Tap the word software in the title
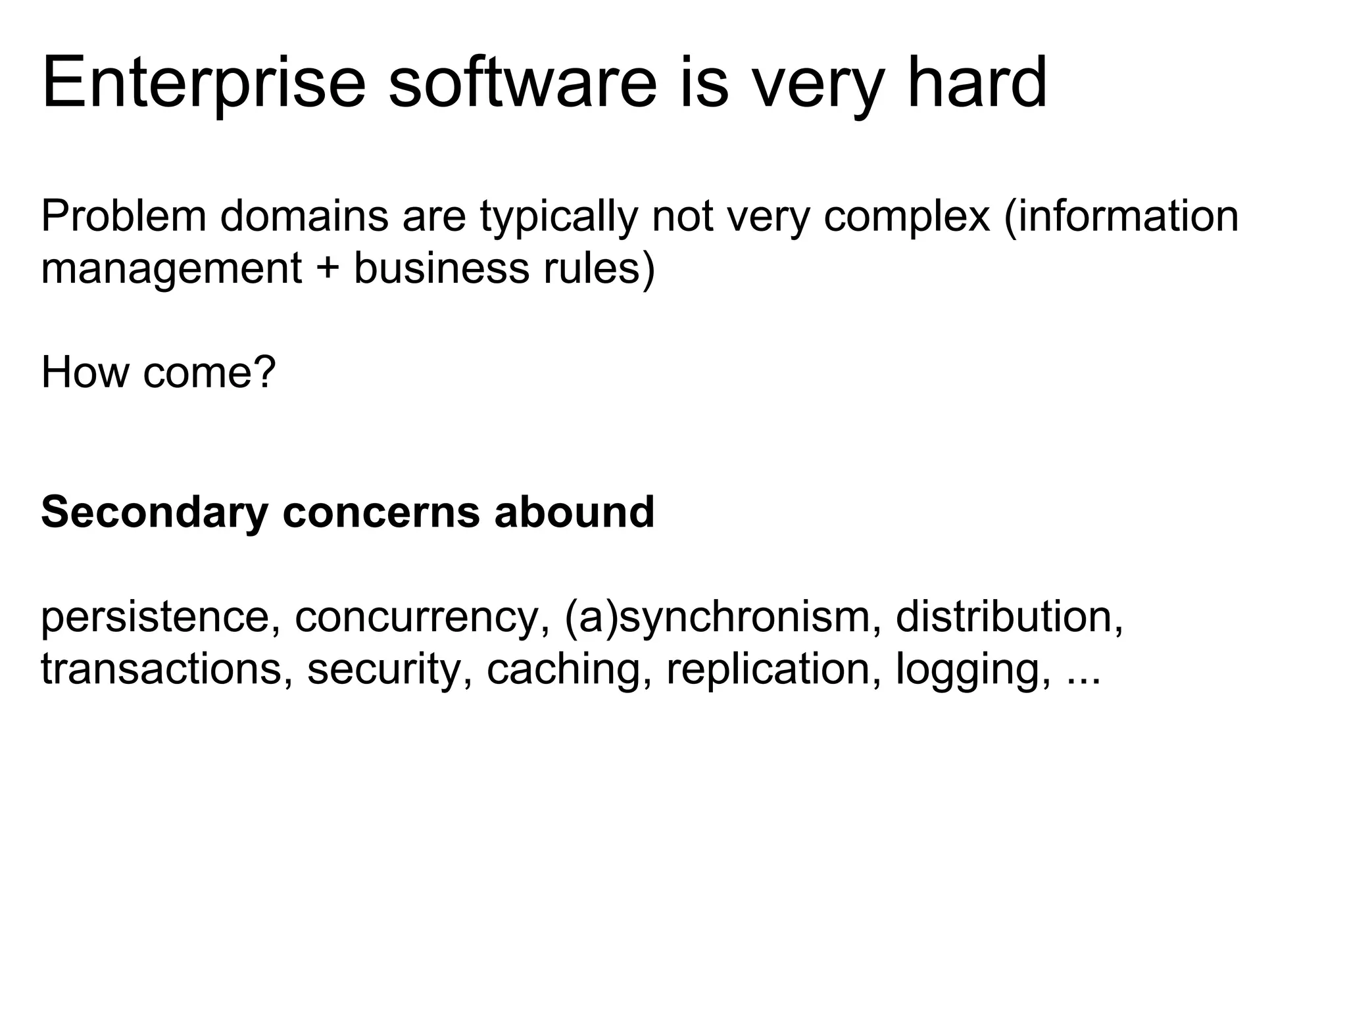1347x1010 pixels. click(x=522, y=84)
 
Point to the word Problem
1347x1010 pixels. click(x=124, y=216)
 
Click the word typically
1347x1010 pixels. click(x=558, y=216)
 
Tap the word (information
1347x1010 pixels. click(x=1121, y=216)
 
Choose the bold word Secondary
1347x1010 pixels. click(x=155, y=512)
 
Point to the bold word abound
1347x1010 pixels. click(x=574, y=512)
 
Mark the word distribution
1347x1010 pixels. click(x=1009, y=617)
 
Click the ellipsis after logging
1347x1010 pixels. click(x=1082, y=677)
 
